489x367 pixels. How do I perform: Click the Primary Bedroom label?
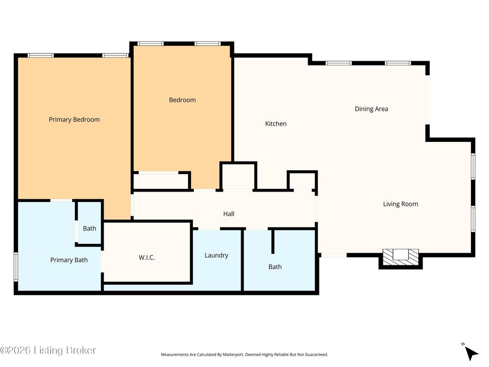pos(74,119)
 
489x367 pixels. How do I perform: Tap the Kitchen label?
pos(276,124)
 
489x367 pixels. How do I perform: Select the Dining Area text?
pos(372,109)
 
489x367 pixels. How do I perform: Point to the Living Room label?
pos(401,204)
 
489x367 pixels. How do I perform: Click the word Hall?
pos(229,214)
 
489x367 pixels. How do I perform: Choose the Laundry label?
pos(216,256)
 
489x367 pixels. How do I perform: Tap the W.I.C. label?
pos(147,258)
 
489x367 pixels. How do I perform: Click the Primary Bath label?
pos(69,260)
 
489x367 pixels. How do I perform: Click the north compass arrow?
pos(470,353)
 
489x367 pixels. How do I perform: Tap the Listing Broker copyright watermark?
pos(48,350)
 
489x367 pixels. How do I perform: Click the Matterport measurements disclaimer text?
pos(244,355)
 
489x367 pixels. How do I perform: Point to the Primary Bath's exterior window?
pos(16,267)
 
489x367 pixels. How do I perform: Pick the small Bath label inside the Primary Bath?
pos(89,228)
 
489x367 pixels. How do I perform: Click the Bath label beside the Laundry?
pos(275,267)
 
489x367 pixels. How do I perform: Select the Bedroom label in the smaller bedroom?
pos(182,100)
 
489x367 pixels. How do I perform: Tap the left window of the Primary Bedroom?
pos(41,55)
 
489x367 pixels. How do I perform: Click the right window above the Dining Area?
pos(398,63)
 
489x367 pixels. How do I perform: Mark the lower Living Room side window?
pos(473,219)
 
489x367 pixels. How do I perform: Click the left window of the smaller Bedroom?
pos(150,43)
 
